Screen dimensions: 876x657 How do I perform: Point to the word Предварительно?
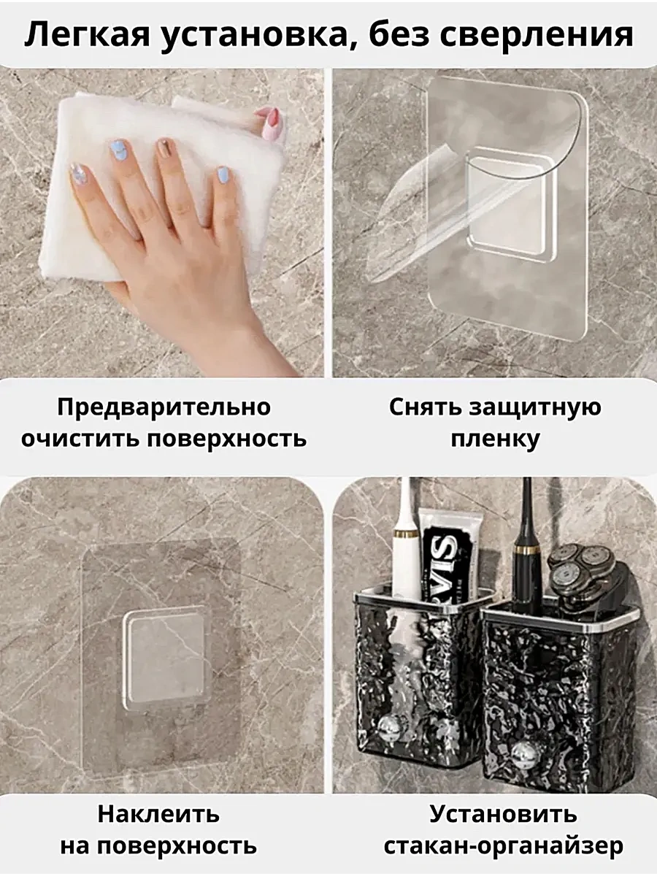[164, 407]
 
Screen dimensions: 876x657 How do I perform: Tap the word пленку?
[495, 439]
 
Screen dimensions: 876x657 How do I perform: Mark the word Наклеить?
[158, 814]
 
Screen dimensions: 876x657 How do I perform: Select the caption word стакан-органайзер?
[503, 846]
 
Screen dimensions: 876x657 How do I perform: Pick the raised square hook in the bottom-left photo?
[164, 657]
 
